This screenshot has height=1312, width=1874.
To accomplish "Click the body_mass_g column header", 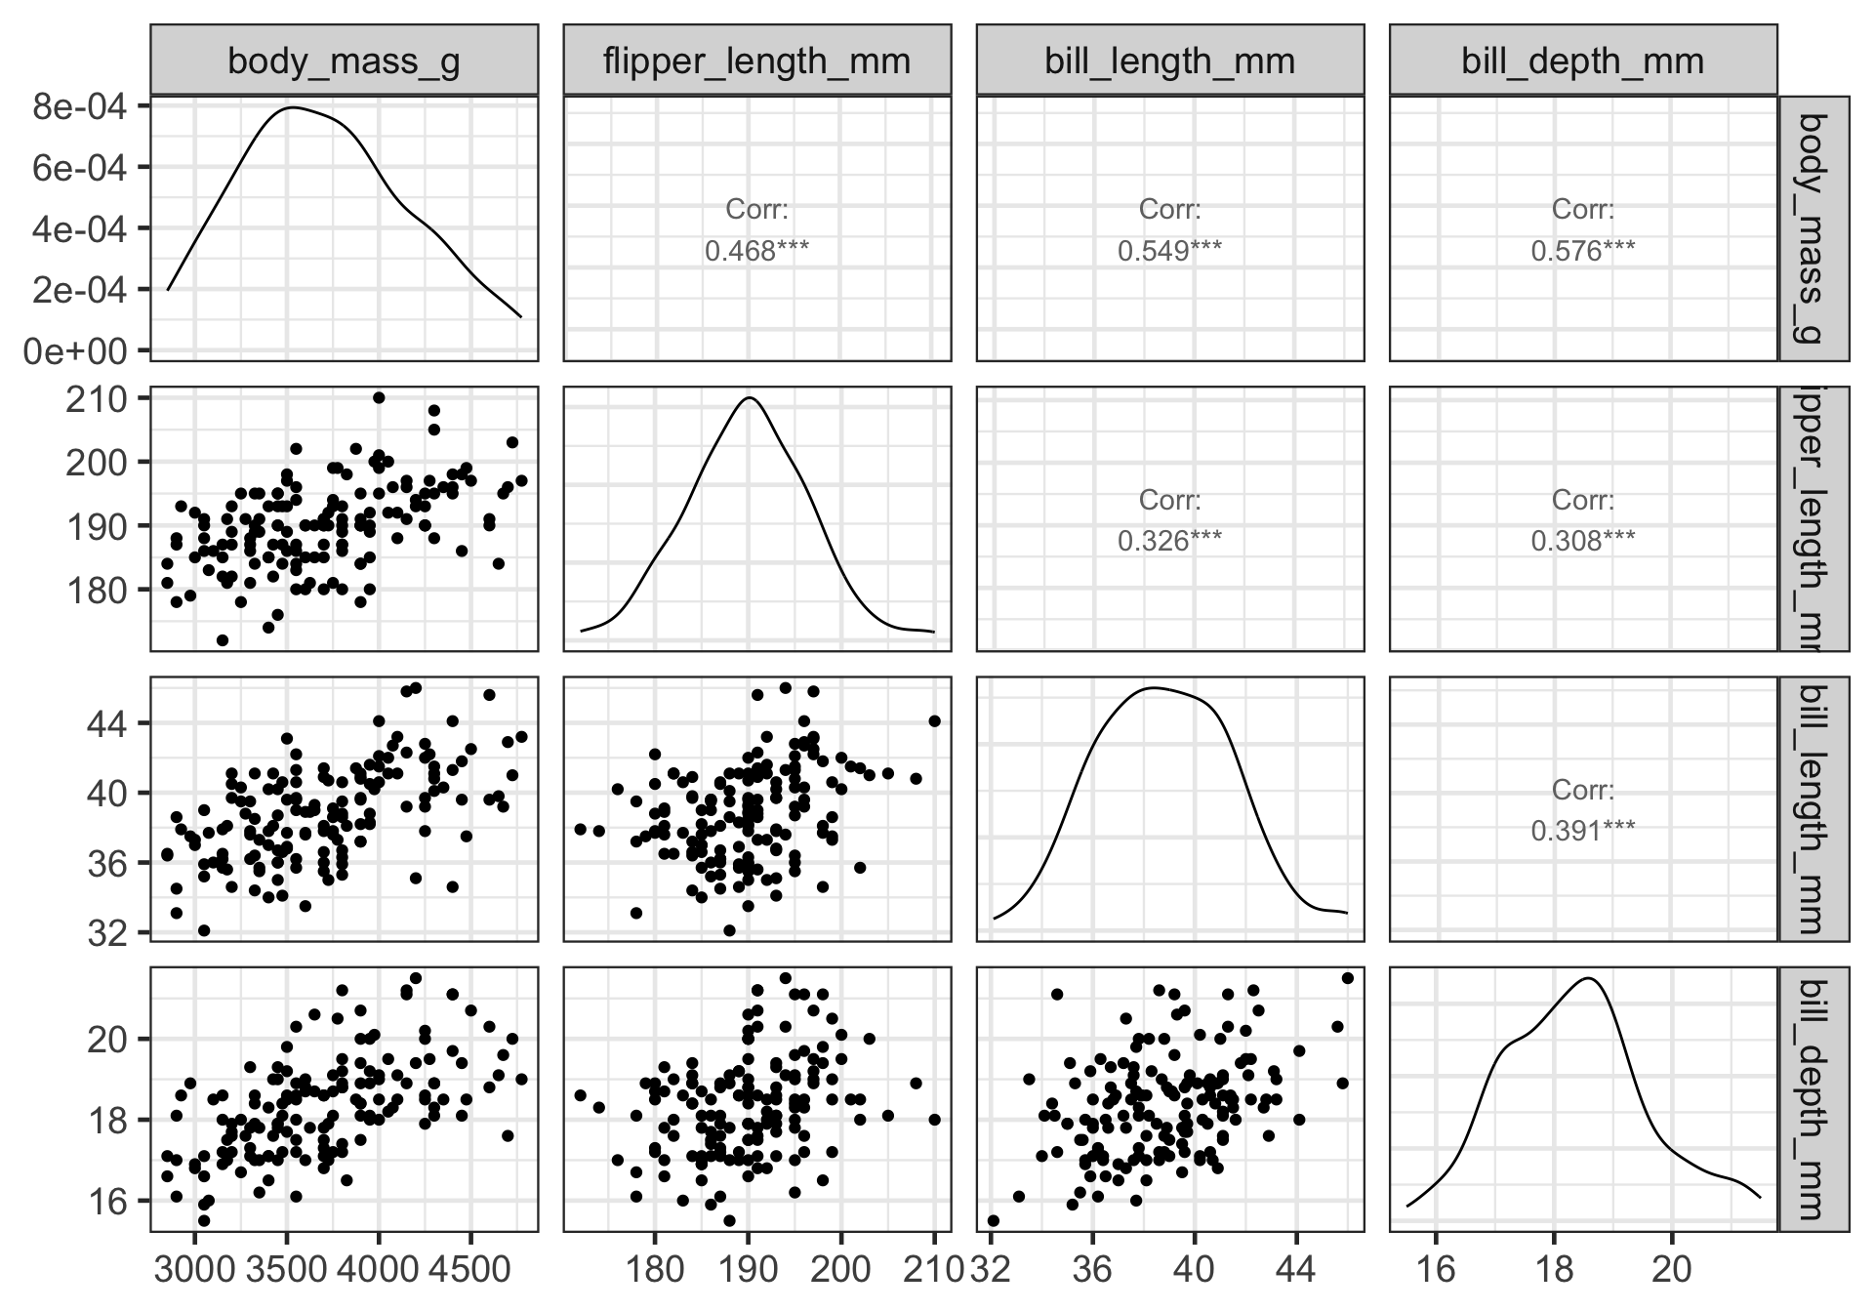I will coord(344,61).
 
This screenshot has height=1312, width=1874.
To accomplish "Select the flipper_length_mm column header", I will coord(756,61).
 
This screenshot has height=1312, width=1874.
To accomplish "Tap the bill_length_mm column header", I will coord(1169,61).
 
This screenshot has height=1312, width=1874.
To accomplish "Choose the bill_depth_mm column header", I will coord(1582,61).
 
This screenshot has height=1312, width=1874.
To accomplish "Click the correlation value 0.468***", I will coord(756,251).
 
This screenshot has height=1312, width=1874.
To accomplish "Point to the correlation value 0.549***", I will coord(1169,251).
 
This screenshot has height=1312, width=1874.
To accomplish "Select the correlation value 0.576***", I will coord(1582,251).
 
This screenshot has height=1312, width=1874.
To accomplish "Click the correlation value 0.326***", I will coord(1169,540).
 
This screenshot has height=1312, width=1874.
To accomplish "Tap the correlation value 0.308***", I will coord(1582,540).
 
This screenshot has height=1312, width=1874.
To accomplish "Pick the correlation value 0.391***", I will coord(1582,831).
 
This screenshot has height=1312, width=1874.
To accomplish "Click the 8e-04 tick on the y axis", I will coord(80,106).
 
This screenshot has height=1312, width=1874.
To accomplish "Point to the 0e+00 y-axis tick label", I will coord(80,350).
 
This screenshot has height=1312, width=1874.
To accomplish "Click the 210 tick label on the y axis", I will coord(97,399).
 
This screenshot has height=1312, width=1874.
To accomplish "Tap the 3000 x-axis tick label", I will coord(195,1269).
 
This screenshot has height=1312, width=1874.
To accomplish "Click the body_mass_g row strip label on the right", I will coord(1813,228).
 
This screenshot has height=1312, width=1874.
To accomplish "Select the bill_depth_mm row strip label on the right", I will coord(1813,1098).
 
